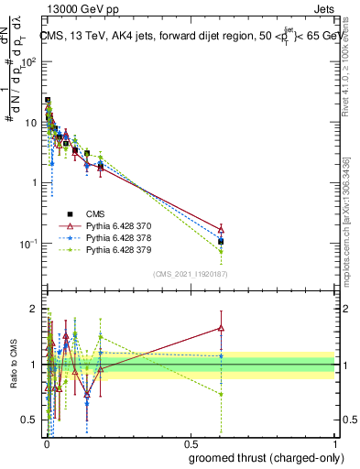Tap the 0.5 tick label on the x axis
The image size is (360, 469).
(190, 443)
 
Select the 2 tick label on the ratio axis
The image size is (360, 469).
(33, 307)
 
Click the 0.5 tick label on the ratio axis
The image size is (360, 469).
(27, 421)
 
